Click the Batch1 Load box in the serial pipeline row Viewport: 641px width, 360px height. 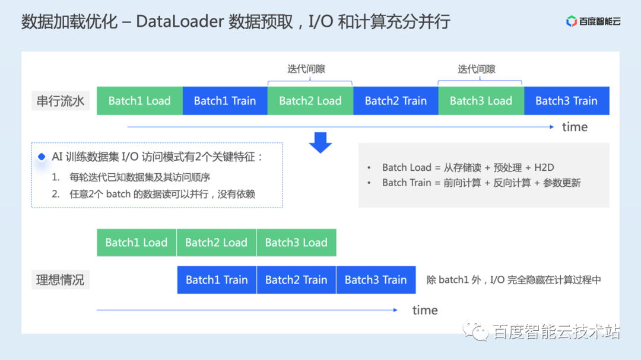click(x=140, y=100)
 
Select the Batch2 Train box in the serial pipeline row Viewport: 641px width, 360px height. click(x=396, y=100)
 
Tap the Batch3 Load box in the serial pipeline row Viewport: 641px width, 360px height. click(x=481, y=100)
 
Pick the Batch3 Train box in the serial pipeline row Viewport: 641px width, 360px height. click(x=567, y=100)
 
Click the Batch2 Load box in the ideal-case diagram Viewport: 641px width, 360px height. click(x=216, y=243)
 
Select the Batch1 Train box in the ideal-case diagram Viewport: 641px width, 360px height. click(x=217, y=280)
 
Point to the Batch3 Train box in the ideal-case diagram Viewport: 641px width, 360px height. click(x=376, y=280)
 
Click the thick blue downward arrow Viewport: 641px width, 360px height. click(x=320, y=142)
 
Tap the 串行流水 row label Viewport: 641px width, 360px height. click(x=61, y=101)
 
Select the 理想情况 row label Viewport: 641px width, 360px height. click(x=61, y=280)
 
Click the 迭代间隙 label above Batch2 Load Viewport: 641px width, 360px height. click(x=306, y=69)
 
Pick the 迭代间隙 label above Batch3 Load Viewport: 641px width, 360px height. click(x=477, y=69)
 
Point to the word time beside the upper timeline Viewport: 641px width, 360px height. click(x=575, y=127)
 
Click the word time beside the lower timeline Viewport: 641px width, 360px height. click(x=425, y=310)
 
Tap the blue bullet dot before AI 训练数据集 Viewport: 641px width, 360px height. click(x=42, y=157)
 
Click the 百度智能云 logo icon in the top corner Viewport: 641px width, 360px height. click(x=571, y=21)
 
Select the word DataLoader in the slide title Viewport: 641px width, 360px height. click(x=180, y=21)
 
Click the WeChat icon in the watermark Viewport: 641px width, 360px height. click(x=475, y=330)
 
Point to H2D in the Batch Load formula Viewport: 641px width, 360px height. click(x=544, y=167)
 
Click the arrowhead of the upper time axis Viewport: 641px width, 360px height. click(x=552, y=127)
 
